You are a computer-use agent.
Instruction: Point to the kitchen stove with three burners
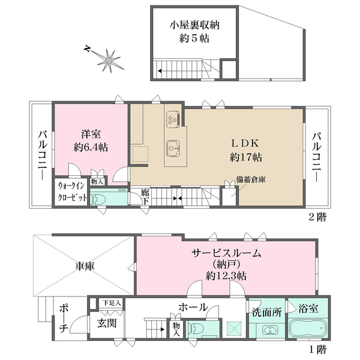[x=173, y=119]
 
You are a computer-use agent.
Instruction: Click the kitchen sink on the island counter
[x=173, y=147]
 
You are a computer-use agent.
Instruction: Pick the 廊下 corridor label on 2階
[x=145, y=197]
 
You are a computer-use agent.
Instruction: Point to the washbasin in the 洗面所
[x=267, y=331]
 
